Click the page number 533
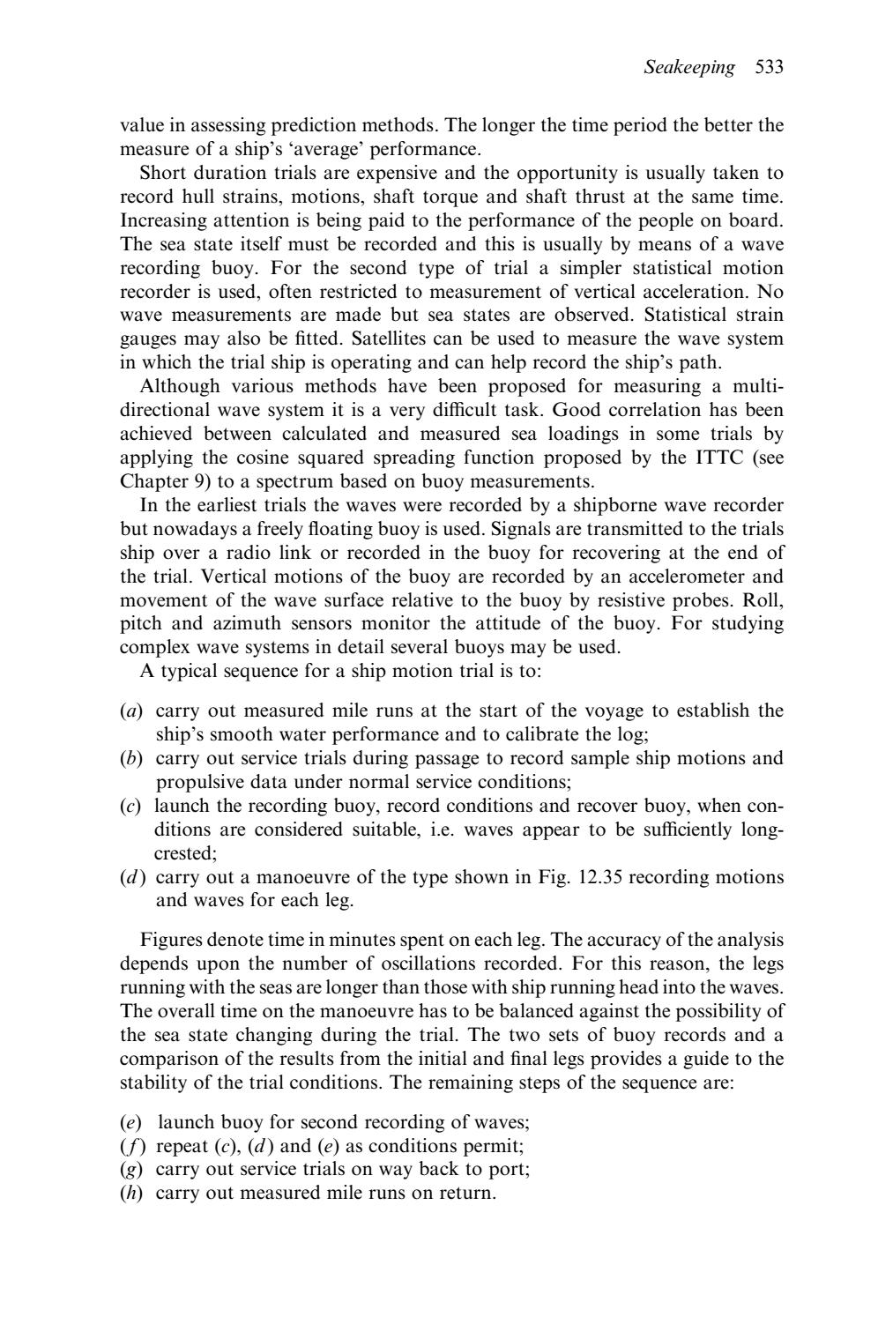click(770, 68)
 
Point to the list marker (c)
click(130, 806)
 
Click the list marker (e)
click(130, 1122)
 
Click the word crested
click(178, 853)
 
